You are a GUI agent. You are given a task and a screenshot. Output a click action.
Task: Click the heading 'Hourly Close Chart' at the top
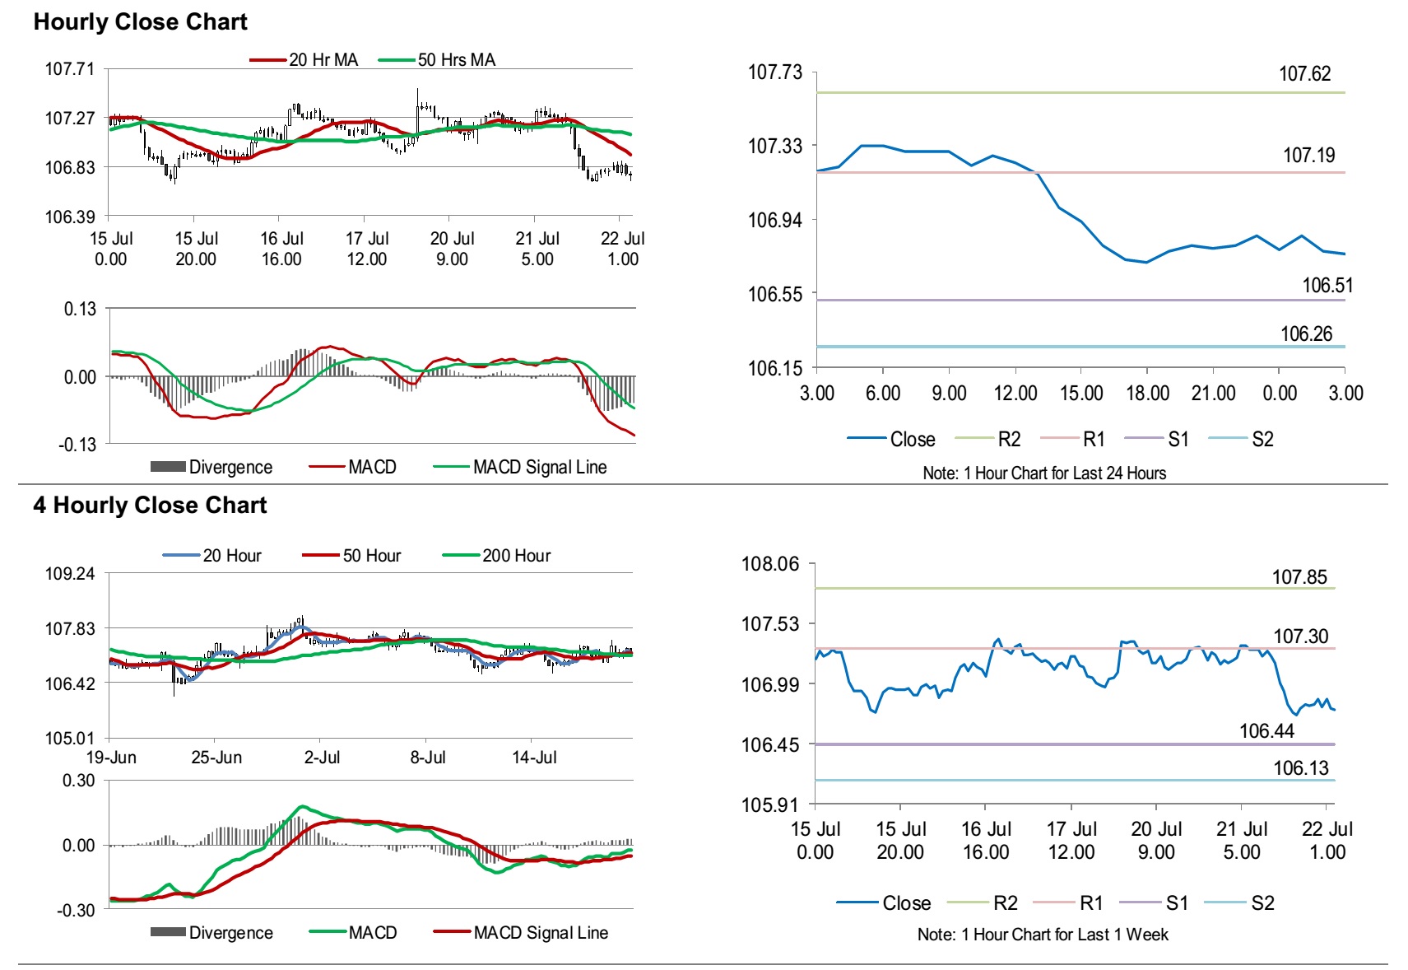(x=140, y=22)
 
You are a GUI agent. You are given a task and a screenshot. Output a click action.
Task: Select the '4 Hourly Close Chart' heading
(x=150, y=505)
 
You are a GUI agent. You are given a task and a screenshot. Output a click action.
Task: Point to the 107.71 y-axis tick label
(x=69, y=69)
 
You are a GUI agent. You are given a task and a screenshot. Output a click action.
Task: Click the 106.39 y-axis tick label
(x=69, y=217)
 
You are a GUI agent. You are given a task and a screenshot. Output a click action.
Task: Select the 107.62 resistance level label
(x=1304, y=74)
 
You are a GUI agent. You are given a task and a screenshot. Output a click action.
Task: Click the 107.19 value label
(x=1308, y=156)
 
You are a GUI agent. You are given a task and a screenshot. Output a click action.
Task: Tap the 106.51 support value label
(x=1327, y=286)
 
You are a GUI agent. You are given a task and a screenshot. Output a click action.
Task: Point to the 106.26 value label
(x=1306, y=334)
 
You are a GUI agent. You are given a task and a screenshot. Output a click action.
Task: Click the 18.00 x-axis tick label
(x=1147, y=394)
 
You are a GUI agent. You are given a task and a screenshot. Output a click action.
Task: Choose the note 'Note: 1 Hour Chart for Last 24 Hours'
(x=1044, y=473)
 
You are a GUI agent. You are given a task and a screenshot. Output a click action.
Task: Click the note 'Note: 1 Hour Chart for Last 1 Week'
(x=1043, y=935)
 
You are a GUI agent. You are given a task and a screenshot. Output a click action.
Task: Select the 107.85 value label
(x=1299, y=577)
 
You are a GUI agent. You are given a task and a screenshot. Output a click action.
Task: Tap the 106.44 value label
(x=1266, y=731)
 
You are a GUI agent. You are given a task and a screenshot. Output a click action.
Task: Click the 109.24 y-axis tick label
(x=69, y=574)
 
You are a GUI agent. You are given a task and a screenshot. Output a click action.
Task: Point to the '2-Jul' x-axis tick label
(x=322, y=758)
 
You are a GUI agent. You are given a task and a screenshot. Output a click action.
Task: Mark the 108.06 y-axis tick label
(x=769, y=564)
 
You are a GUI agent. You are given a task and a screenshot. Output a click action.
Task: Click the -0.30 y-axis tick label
(x=76, y=911)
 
